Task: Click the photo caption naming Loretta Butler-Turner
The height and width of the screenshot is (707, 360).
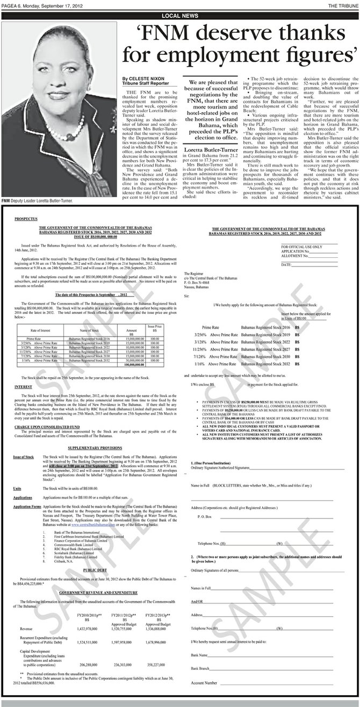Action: coord(37,170)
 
